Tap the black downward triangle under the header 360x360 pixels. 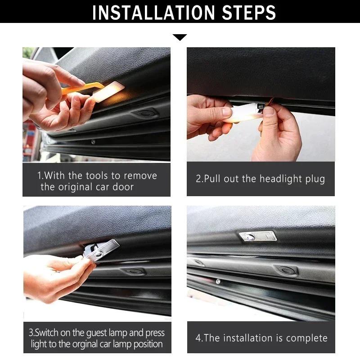coord(180,37)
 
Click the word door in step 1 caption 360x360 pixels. coord(123,187)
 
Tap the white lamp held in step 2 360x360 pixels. coord(243,113)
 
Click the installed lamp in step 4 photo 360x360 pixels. coord(257,236)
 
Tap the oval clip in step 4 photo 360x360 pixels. coord(287,270)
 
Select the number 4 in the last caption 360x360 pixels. coord(198,338)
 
